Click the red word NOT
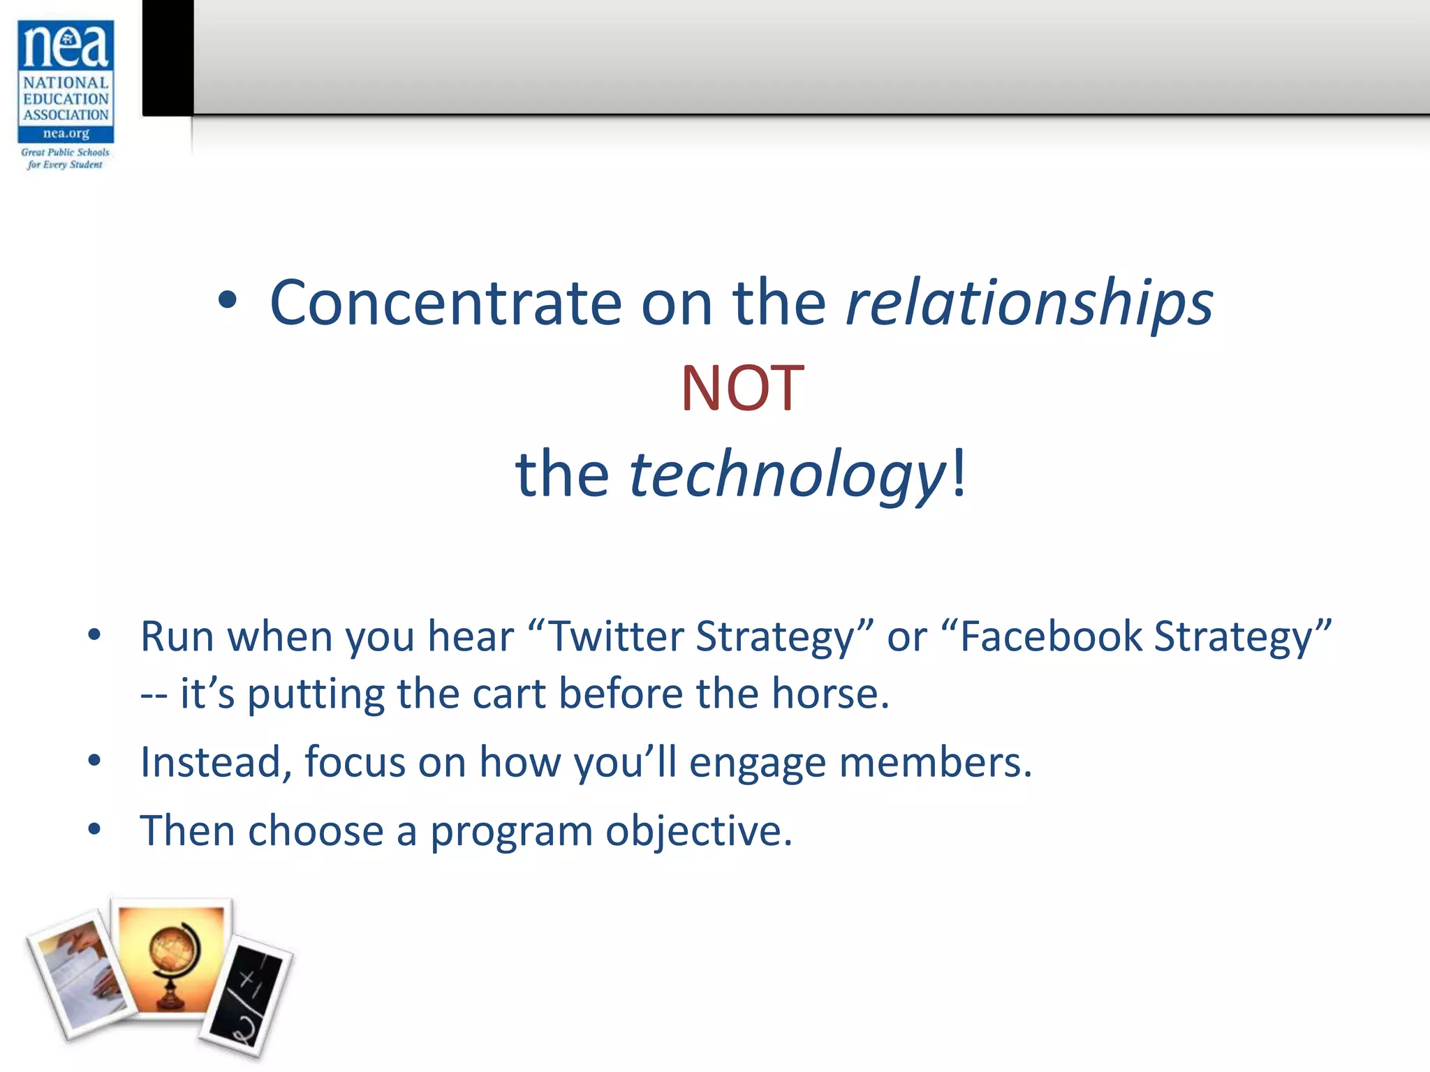742,389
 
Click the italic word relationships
1029,304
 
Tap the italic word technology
787,475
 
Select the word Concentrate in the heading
445,304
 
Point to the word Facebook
1051,636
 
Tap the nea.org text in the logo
66,133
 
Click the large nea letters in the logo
66,45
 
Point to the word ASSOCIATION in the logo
66,115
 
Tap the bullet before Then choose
94,830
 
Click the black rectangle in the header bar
168,57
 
